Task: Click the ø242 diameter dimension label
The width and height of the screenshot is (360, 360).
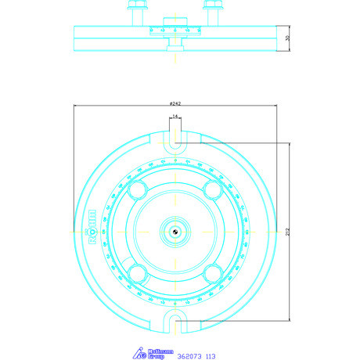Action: click(x=175, y=103)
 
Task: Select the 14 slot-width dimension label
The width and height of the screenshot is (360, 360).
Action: click(x=175, y=116)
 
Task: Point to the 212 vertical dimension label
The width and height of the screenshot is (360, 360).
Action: click(x=289, y=232)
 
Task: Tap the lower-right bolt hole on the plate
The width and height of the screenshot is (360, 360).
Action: click(x=211, y=272)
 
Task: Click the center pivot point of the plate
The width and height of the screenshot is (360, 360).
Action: click(x=175, y=231)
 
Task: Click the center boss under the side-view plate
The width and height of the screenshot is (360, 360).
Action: click(x=175, y=49)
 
